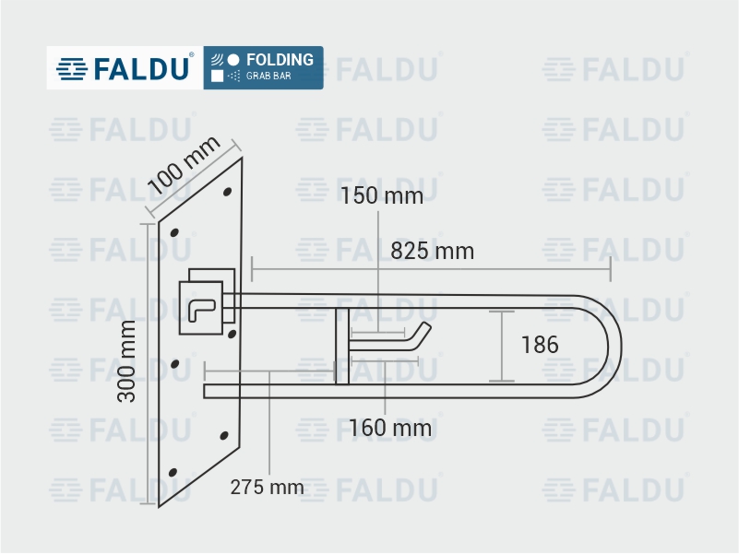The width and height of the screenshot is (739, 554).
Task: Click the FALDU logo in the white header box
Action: coord(125,68)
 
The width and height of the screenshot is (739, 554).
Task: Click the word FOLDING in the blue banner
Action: coord(280,60)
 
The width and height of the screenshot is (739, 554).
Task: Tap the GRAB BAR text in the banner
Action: coord(268,77)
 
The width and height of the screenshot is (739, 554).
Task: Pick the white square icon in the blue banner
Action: coord(218,77)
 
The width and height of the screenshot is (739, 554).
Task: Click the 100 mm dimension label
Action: coord(185,164)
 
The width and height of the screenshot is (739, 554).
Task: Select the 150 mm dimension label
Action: coord(381,195)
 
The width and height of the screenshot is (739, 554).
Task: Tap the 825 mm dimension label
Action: coord(432,251)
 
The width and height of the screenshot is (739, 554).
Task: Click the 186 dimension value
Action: coord(540,345)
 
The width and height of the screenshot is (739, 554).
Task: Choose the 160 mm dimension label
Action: coord(389,428)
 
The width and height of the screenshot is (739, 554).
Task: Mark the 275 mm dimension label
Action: coord(267,488)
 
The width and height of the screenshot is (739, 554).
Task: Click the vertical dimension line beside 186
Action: coord(502,347)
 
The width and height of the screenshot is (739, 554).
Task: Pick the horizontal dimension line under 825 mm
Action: coord(431,270)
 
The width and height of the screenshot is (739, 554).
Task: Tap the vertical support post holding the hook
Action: coord(341,347)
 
